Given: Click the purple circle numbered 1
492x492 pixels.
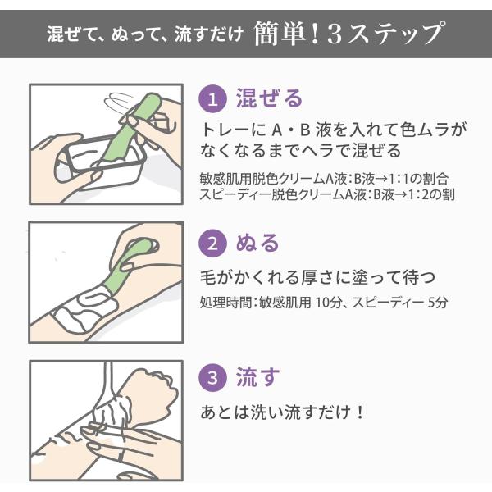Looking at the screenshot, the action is pyautogui.click(x=212, y=99).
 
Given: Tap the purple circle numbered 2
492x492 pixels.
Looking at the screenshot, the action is pyautogui.click(x=212, y=244).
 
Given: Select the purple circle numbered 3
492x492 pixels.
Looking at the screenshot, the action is pyautogui.click(x=212, y=377).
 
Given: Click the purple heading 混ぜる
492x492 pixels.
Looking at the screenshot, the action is pyautogui.click(x=269, y=98).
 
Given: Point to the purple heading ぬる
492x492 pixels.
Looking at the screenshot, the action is pyautogui.click(x=257, y=243).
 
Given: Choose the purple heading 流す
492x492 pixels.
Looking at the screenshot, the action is pyautogui.click(x=257, y=376).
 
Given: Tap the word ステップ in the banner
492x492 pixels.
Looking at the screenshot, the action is pyautogui.click(x=394, y=33).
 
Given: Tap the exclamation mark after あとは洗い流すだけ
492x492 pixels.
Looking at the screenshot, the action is pyautogui.click(x=360, y=412).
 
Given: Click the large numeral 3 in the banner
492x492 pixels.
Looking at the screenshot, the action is pyautogui.click(x=335, y=34).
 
